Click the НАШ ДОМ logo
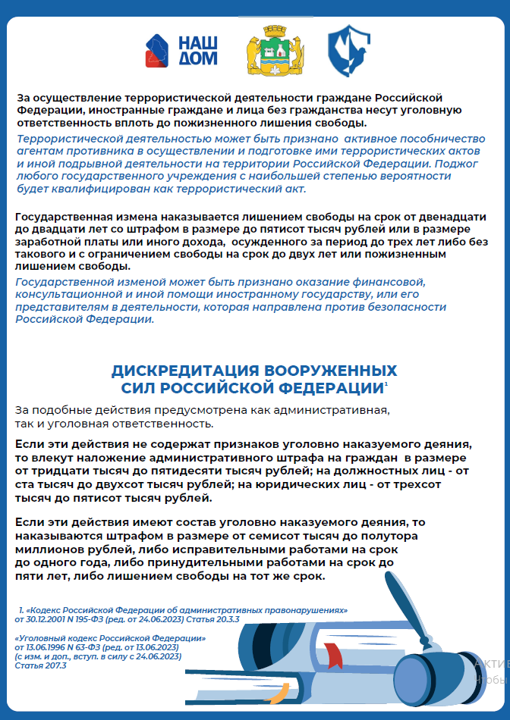181,49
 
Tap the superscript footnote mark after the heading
386,384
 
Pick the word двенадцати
448,218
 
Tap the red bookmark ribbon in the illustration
334,651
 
